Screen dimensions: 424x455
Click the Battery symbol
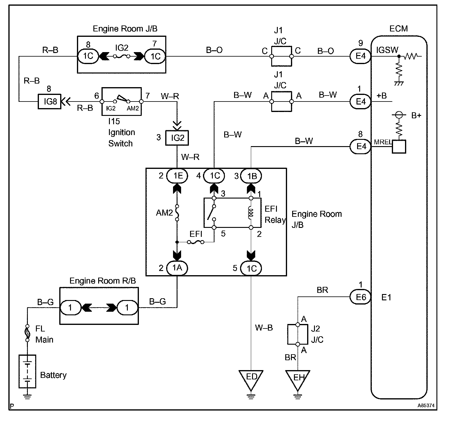pyautogui.click(x=27, y=371)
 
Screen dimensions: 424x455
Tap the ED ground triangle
pyautogui.click(x=251, y=378)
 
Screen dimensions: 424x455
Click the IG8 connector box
pyautogui.click(x=50, y=102)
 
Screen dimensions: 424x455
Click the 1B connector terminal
pyautogui.click(x=251, y=176)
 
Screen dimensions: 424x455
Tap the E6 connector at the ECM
pyautogui.click(x=360, y=297)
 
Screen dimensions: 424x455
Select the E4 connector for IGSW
pyautogui.click(x=360, y=56)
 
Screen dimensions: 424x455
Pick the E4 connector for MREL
pyautogui.click(x=360, y=146)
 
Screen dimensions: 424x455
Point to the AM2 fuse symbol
pyautogui.click(x=177, y=213)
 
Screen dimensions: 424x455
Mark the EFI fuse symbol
pyautogui.click(x=196, y=242)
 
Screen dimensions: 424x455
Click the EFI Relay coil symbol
pyautogui.click(x=251, y=213)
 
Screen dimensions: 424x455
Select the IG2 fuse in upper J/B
pyautogui.click(x=121, y=56)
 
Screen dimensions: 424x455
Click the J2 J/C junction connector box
pyautogui.click(x=298, y=334)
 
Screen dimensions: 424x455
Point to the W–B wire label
pyautogui.click(x=264, y=328)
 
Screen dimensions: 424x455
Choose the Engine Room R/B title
pyautogui.click(x=102, y=281)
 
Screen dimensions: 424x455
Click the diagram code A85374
pyautogui.click(x=426, y=406)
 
